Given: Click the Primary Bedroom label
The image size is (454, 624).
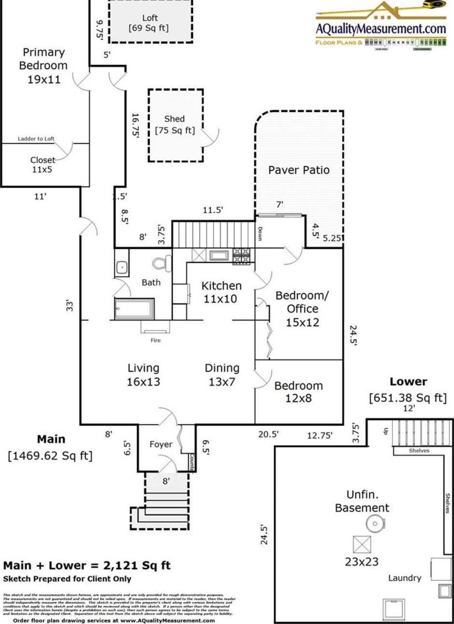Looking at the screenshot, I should [x=43, y=66].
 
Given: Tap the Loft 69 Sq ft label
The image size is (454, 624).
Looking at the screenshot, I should [x=149, y=23].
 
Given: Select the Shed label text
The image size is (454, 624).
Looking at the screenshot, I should [x=174, y=119].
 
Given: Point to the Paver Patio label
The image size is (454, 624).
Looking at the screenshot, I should [x=299, y=170].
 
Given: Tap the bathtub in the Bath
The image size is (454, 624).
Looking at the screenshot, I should [x=134, y=309].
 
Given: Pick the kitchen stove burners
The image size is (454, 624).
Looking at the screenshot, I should [x=242, y=256].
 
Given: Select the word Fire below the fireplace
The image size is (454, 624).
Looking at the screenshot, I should [x=155, y=340].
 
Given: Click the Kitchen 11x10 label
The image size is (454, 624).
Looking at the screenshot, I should [x=221, y=292].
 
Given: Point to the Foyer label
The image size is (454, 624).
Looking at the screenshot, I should [x=161, y=444].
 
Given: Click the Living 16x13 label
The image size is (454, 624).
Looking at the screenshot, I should [x=143, y=375].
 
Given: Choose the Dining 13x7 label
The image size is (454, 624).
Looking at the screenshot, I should [x=222, y=375].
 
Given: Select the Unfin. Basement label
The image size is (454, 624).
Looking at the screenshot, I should [x=362, y=501].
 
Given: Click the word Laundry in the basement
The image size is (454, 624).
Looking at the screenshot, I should [x=404, y=578].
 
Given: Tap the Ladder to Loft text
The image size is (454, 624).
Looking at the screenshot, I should [x=36, y=139].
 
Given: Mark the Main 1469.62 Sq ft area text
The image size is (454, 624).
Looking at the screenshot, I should [x=51, y=448].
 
